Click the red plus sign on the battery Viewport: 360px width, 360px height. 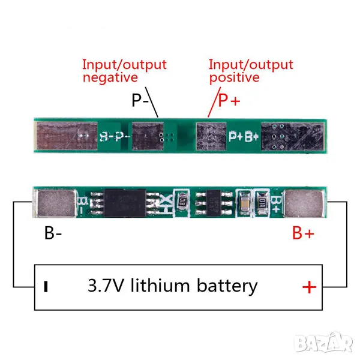click(309, 287)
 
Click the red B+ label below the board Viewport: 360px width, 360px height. click(302, 233)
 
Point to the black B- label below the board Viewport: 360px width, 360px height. click(53, 233)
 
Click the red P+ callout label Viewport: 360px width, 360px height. click(228, 101)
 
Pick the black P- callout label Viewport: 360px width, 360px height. click(140, 101)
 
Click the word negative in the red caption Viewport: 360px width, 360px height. click(110, 77)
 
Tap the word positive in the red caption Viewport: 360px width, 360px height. click(234, 77)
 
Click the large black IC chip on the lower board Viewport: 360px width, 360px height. click(125, 203)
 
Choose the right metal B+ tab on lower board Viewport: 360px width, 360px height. click(306, 203)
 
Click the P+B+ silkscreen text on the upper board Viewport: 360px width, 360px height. click(244, 136)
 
